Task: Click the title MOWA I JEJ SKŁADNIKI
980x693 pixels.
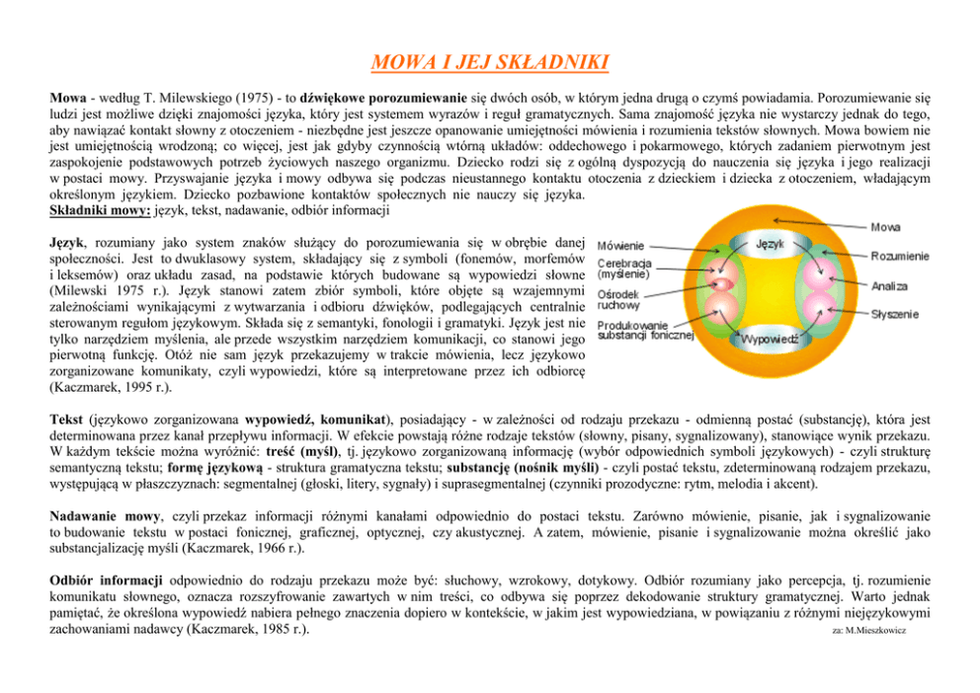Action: tap(489, 65)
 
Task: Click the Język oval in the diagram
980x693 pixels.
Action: tap(770, 243)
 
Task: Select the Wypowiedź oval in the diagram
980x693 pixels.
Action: tap(770, 340)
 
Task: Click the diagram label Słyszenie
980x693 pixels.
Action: tap(896, 314)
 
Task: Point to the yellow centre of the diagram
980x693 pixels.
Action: tap(770, 291)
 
